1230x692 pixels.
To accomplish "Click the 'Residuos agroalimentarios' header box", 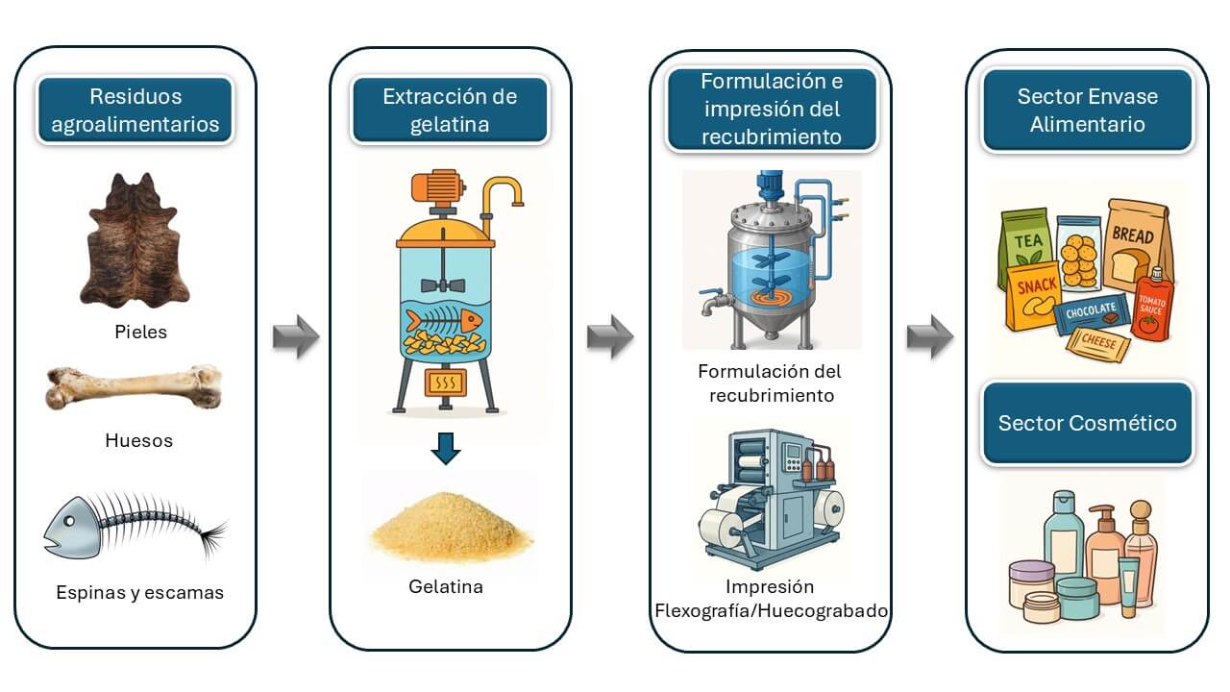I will pos(135,111).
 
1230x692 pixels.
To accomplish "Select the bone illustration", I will pos(134,387).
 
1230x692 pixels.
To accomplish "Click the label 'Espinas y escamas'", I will pos(140,592).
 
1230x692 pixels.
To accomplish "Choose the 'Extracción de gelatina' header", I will pos(450,111).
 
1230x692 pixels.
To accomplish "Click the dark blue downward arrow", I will pos(445,447).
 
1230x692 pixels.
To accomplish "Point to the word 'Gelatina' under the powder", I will pos(446,586).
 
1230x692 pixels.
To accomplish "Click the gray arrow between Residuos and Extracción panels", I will pos(295,338).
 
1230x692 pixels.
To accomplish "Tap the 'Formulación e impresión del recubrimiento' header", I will pos(771,110).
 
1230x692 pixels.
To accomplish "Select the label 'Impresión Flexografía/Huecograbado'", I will pos(771,599).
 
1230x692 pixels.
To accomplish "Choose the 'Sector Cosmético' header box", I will pos(1087,424).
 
